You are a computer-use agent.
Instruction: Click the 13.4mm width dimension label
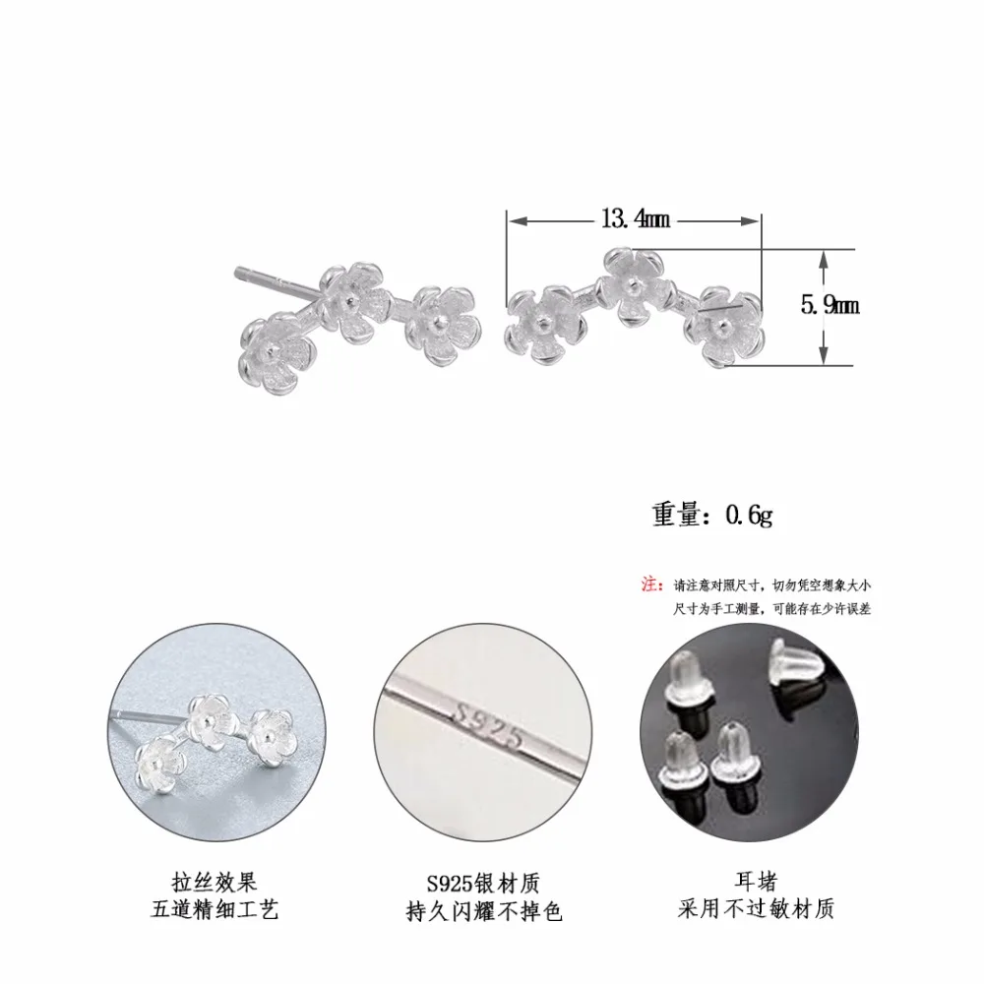(636, 219)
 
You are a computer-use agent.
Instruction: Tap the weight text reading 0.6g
(749, 516)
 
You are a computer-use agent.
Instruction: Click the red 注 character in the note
(649, 584)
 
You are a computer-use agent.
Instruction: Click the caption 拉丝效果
(214, 883)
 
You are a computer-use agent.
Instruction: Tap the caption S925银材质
(482, 884)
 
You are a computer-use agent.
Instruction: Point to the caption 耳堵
(756, 882)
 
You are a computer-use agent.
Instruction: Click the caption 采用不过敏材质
(756, 908)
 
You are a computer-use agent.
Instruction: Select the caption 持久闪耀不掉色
(483, 911)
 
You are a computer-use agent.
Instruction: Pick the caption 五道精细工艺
(214, 909)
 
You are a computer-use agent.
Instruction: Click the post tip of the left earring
(238, 273)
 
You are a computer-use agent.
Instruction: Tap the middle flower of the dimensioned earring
(632, 286)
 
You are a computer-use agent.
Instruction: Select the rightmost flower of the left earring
(443, 327)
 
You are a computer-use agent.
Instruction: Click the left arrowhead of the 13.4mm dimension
(517, 220)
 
